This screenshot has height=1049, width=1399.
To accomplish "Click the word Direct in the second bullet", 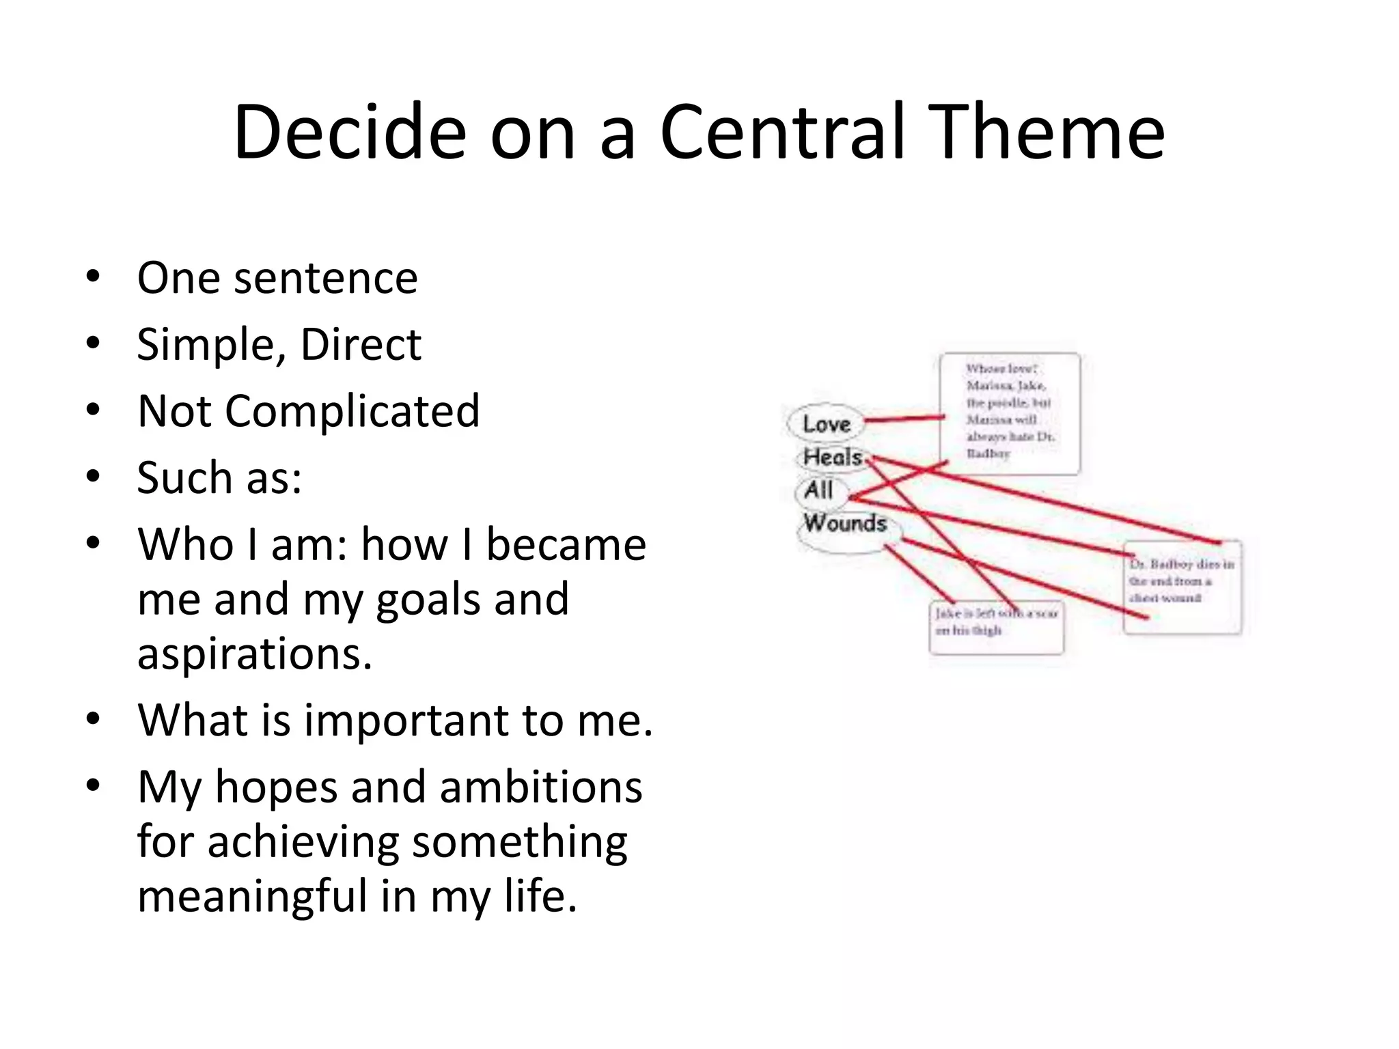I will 361,344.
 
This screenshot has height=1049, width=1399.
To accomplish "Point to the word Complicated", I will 352,412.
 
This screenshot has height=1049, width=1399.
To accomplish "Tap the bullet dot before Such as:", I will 94,476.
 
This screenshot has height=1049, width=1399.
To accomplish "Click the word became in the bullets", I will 566,545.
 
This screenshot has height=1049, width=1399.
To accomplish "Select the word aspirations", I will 254,654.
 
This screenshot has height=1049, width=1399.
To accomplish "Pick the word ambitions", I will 540,787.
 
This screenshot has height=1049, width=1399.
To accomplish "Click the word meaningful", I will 252,896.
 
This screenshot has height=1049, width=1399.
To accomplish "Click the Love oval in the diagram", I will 826,424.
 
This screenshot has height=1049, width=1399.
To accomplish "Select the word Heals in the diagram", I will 832,457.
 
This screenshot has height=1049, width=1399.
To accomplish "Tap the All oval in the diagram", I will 818,490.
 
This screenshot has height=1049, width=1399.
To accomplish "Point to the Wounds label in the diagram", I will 845,523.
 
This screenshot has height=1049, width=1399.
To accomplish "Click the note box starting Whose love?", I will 1010,412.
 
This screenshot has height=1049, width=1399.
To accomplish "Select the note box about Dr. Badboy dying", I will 1182,586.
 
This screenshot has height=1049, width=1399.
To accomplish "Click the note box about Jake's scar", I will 996,627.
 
